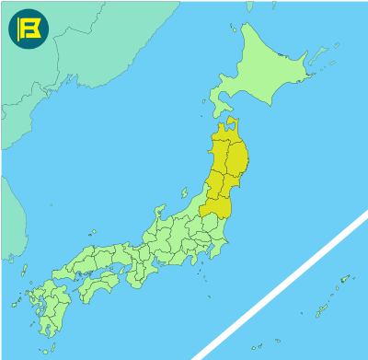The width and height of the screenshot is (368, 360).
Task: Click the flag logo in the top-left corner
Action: click(x=28, y=29)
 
